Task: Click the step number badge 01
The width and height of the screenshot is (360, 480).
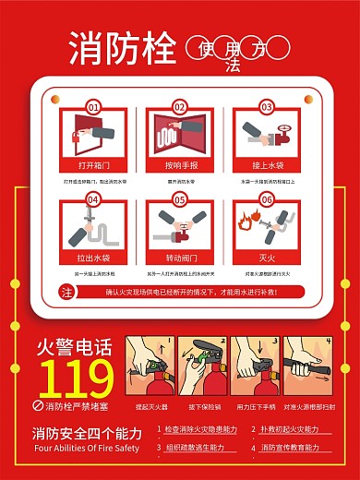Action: pos(92,108)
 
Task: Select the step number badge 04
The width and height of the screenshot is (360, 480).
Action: pos(92,199)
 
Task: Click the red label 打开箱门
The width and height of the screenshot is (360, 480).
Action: pos(92,166)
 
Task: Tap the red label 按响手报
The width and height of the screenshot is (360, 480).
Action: pos(180,166)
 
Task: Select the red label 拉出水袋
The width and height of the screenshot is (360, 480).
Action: pos(92,258)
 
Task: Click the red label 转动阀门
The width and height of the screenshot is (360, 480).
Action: pos(180,258)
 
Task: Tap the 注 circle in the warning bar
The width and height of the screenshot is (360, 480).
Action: pos(66,292)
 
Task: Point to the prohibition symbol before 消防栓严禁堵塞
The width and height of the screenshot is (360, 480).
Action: pos(39,405)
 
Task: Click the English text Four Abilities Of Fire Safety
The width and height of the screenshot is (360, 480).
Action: pos(86,449)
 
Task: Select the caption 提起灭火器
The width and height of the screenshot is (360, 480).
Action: pos(150,405)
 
